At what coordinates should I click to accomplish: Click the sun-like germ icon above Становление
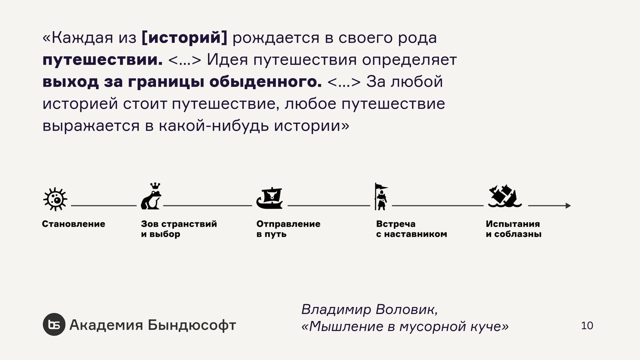[55, 199]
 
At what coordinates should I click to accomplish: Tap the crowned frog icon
[151, 197]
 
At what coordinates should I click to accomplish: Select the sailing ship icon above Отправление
[270, 198]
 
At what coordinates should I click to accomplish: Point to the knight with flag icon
[381, 197]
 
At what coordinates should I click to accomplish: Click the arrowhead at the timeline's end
[568, 206]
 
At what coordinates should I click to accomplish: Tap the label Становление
[74, 224]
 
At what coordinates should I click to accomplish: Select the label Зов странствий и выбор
[179, 229]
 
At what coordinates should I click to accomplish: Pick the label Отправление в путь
[288, 229]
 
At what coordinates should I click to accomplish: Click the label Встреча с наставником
[411, 229]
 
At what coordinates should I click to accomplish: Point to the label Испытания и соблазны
[513, 229]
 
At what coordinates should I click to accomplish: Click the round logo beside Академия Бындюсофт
[54, 324]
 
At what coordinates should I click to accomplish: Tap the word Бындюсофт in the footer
[192, 325]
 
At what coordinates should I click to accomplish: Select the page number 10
[587, 326]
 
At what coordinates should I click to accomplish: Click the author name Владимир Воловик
[369, 309]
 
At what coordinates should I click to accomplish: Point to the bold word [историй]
[184, 38]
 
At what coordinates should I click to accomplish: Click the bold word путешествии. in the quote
[103, 60]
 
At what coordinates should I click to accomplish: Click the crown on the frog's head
[155, 186]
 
